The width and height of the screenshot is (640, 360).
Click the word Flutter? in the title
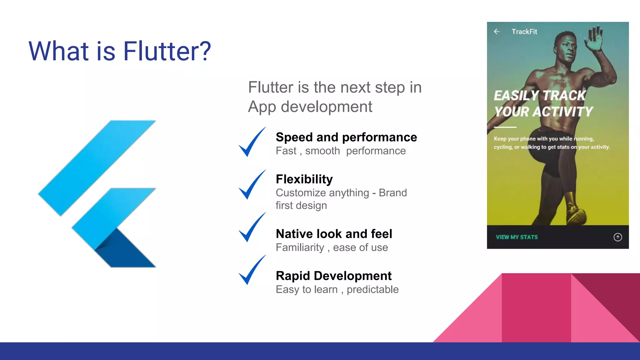pyautogui.click(x=167, y=51)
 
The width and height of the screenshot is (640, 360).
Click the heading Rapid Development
pyautogui.click(x=333, y=276)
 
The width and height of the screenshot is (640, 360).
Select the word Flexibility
pyautogui.click(x=304, y=179)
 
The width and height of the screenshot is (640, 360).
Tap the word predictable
pyautogui.click(x=372, y=289)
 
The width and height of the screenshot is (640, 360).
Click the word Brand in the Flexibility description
pyautogui.click(x=392, y=193)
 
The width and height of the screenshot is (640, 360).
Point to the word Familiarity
pyautogui.click(x=300, y=247)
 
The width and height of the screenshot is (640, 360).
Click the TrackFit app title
pyautogui.click(x=524, y=32)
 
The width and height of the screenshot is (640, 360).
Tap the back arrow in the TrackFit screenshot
pyautogui.click(x=497, y=32)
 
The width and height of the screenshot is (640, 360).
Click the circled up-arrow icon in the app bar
pyautogui.click(x=617, y=237)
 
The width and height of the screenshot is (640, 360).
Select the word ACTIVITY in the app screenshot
pyautogui.click(x=563, y=112)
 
